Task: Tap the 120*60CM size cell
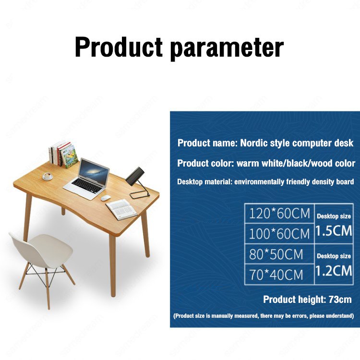coord(279,214)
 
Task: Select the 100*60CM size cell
coord(279,234)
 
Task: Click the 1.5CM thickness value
coord(334,231)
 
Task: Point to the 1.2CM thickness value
coord(334,271)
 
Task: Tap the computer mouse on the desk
coord(105,198)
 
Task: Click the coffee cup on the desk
coord(48,176)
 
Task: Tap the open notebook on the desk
coord(121,208)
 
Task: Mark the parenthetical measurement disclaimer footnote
coord(264,316)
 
